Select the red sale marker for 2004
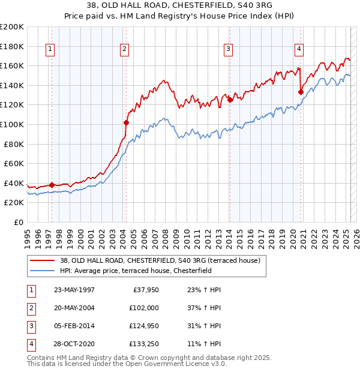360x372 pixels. [x=126, y=122]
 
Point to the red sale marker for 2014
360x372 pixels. [x=230, y=100]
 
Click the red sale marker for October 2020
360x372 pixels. [x=301, y=92]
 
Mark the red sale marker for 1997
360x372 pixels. [x=52, y=185]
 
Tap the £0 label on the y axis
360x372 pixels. [x=18, y=222]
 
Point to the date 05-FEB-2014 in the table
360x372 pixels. [x=74, y=325]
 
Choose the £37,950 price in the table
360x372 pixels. [x=144, y=290]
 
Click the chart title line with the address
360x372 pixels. [x=180, y=7]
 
